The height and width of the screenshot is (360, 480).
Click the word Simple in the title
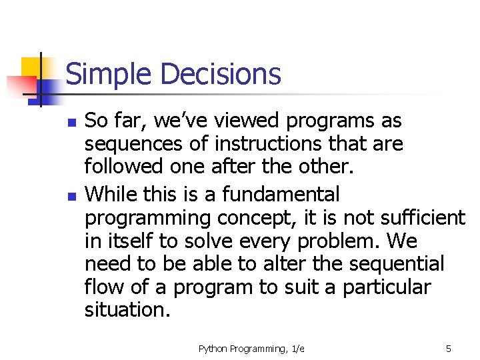coord(107,74)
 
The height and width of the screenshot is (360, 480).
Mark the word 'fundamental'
coord(281,195)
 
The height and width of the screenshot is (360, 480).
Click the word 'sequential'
coord(387,264)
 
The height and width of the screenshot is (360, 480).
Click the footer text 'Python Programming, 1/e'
coord(251,349)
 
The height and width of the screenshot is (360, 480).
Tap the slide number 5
coord(449,349)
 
